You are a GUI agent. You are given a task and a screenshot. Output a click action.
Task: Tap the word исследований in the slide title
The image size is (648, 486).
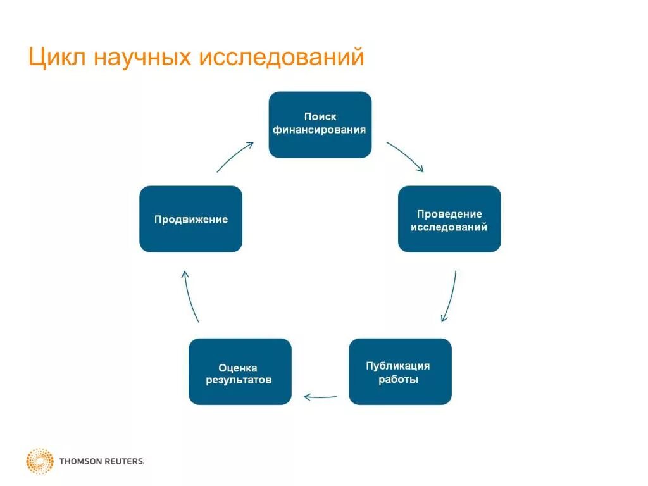point(282,57)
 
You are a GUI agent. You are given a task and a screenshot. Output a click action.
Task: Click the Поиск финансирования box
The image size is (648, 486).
point(320,125)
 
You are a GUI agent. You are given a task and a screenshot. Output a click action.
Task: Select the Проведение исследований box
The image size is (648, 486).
point(449,219)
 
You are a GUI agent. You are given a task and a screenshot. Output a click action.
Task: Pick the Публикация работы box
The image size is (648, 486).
point(400,371)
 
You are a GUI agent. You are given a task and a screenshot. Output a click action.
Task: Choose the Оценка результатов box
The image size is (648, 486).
point(240,371)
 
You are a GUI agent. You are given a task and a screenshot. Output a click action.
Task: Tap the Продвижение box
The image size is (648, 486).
point(190,219)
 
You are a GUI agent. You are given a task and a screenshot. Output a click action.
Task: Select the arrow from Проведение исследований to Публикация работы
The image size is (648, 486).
point(450,296)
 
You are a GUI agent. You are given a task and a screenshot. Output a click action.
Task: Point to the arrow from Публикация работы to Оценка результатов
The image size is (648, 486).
point(320,397)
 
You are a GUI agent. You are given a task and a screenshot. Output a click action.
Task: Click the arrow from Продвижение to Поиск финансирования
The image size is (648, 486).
point(235,156)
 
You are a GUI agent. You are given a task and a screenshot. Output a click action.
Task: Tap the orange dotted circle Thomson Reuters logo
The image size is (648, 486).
point(40,461)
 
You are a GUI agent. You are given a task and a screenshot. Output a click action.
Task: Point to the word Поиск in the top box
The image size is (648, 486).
point(320,117)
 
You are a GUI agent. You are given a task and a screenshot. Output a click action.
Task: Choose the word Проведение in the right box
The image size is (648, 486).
point(449,214)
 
